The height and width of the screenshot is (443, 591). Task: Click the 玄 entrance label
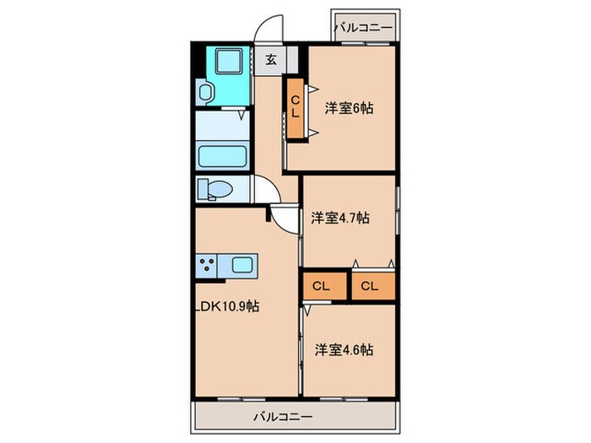272,59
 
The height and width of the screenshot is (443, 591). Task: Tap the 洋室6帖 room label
350,108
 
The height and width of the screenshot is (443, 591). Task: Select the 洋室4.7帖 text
339,218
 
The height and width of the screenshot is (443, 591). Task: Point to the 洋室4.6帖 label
344,348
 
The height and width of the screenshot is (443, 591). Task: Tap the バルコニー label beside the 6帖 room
363,28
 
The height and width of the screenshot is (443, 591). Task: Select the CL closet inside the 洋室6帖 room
295,107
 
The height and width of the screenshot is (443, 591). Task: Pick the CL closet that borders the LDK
320,285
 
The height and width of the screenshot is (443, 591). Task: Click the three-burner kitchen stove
207,267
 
